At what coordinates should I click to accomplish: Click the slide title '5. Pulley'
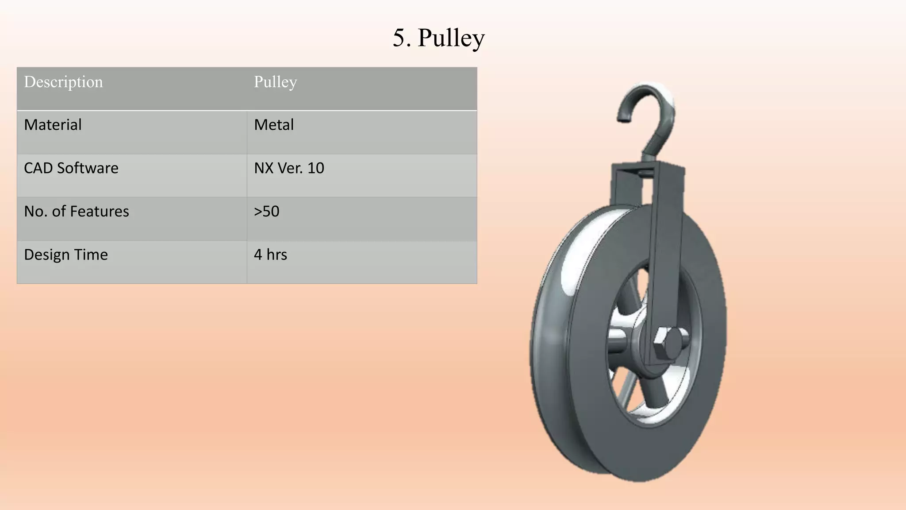(x=438, y=38)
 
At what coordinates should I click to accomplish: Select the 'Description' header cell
(x=63, y=82)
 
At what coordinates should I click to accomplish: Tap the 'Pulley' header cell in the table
(x=275, y=82)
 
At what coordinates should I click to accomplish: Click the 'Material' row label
(x=53, y=125)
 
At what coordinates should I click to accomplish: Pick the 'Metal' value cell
(x=274, y=125)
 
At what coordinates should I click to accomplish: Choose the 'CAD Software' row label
(x=71, y=168)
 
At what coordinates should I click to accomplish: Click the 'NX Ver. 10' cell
(x=289, y=168)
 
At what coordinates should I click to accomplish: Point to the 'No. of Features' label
(x=76, y=212)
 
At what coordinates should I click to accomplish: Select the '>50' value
(x=266, y=212)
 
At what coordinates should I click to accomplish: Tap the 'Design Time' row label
(x=65, y=255)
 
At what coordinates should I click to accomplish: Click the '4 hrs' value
(x=270, y=255)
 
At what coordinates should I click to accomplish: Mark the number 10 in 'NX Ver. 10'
(x=316, y=168)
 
